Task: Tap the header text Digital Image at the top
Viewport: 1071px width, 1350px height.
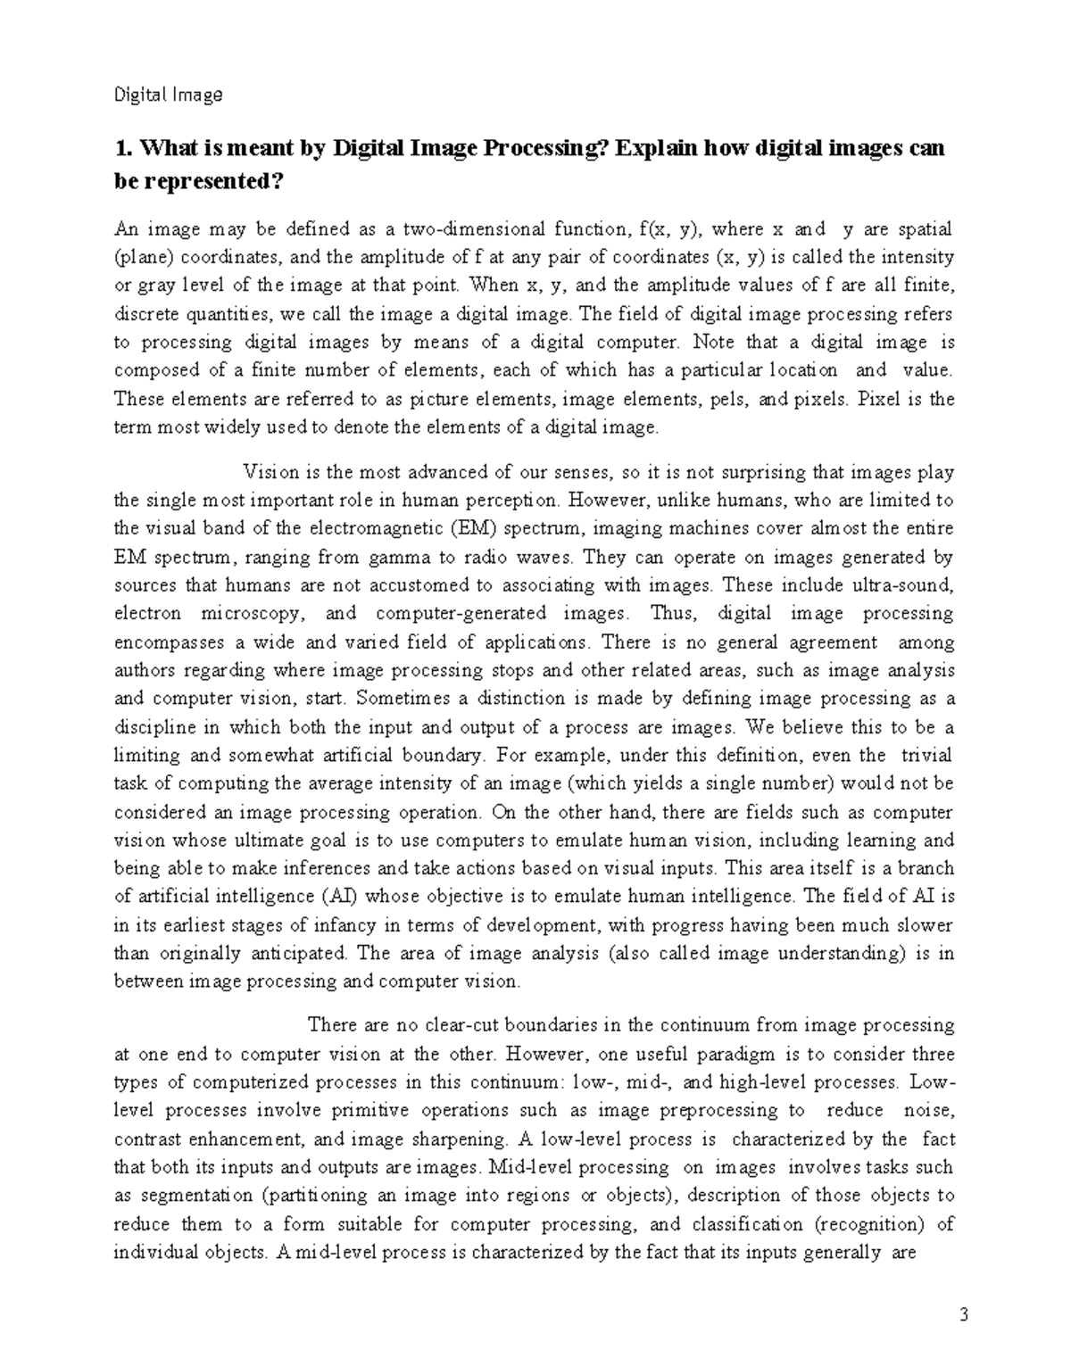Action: point(168,95)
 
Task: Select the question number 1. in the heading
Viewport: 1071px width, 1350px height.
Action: point(124,147)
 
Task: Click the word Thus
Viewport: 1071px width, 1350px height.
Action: point(671,614)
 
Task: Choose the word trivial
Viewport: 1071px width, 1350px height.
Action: point(926,755)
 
